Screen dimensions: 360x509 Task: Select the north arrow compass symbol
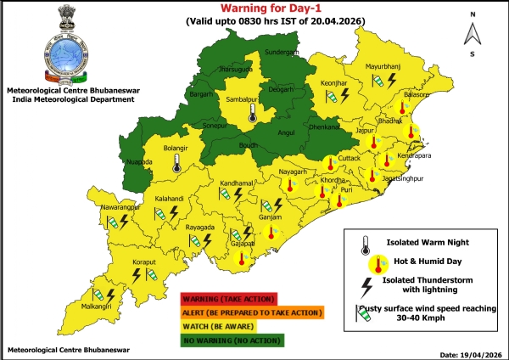point(473,34)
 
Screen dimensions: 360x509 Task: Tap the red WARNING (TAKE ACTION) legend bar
point(228,298)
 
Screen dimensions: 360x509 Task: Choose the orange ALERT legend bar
point(251,312)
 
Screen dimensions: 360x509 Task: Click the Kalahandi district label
point(171,198)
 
